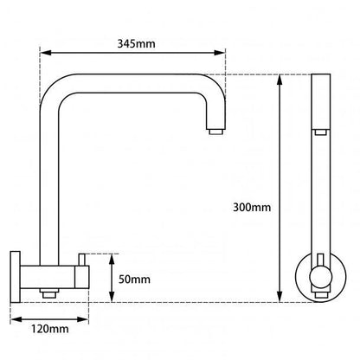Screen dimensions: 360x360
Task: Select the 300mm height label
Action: point(252,208)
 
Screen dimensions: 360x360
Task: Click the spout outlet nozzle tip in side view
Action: point(214,132)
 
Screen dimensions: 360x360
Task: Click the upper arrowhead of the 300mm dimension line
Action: point(280,80)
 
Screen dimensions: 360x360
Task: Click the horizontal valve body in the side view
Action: point(52,278)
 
